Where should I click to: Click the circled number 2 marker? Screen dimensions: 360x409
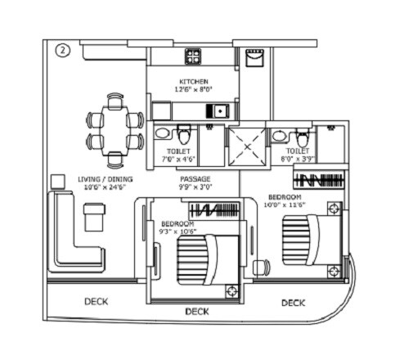[62, 51]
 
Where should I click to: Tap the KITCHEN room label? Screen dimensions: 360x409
[195, 82]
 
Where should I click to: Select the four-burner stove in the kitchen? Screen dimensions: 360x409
[194, 56]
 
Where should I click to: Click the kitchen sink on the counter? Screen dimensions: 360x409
[219, 110]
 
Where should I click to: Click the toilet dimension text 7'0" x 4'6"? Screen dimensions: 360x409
[178, 160]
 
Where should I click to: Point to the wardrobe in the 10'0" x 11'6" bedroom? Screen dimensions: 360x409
[320, 180]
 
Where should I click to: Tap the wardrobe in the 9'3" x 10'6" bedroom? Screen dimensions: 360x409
[214, 210]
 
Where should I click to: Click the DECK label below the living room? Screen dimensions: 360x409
[97, 302]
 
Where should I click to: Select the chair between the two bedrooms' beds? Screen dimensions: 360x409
[261, 268]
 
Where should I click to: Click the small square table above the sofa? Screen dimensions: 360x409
[57, 181]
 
